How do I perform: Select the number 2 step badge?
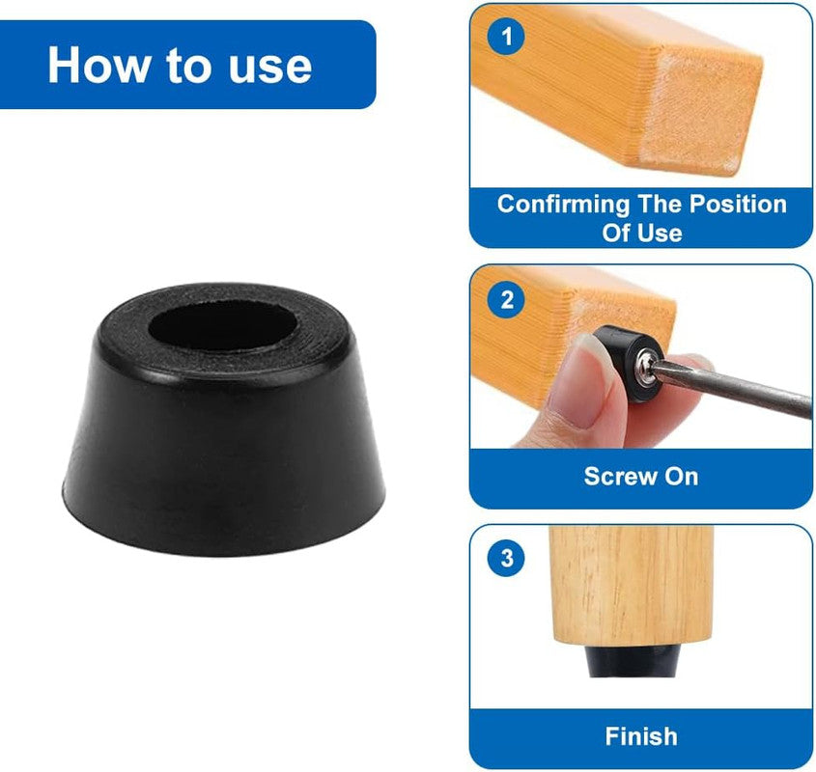506,301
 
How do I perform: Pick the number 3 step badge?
506,560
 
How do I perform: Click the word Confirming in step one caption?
561,205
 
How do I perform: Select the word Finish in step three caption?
641,736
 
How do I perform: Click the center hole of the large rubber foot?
222,329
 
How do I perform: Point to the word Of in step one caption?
616,233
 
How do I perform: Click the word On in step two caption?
680,476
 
